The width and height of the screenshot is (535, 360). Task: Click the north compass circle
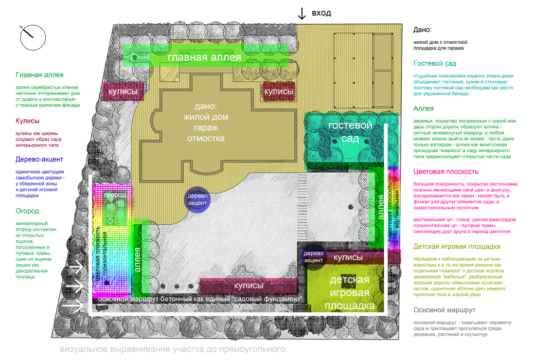[x=33, y=25]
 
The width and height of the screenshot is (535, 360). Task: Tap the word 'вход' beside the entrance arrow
[x=321, y=13]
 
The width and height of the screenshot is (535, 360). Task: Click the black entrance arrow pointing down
[x=302, y=14]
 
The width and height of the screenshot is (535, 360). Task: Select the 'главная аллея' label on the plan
[x=204, y=57]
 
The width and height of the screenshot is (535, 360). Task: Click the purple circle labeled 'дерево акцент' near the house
[x=197, y=199]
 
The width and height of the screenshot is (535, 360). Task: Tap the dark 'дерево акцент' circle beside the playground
[x=313, y=257]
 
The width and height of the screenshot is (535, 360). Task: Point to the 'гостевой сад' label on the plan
[x=350, y=132]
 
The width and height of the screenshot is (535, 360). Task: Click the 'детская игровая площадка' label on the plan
[x=349, y=292]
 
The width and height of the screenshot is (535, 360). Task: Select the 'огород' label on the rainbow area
[x=115, y=195]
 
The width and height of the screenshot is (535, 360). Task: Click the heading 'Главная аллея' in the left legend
[x=39, y=75]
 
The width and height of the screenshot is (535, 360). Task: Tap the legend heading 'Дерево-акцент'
[x=39, y=160]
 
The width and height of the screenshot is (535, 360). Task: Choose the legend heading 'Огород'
[x=27, y=211]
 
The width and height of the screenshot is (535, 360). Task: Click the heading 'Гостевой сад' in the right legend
[x=435, y=63]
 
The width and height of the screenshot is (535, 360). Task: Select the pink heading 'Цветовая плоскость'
[x=446, y=172]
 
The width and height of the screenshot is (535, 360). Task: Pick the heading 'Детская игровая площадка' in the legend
[x=457, y=246]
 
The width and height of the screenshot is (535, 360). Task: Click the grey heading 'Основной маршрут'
[x=444, y=310]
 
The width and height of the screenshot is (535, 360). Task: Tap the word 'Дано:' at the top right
[x=422, y=30]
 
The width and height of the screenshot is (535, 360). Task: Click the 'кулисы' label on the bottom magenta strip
[x=249, y=286]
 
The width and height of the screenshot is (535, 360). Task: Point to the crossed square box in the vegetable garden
[x=110, y=221]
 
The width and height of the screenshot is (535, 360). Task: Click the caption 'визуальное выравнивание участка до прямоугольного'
[x=172, y=349]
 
